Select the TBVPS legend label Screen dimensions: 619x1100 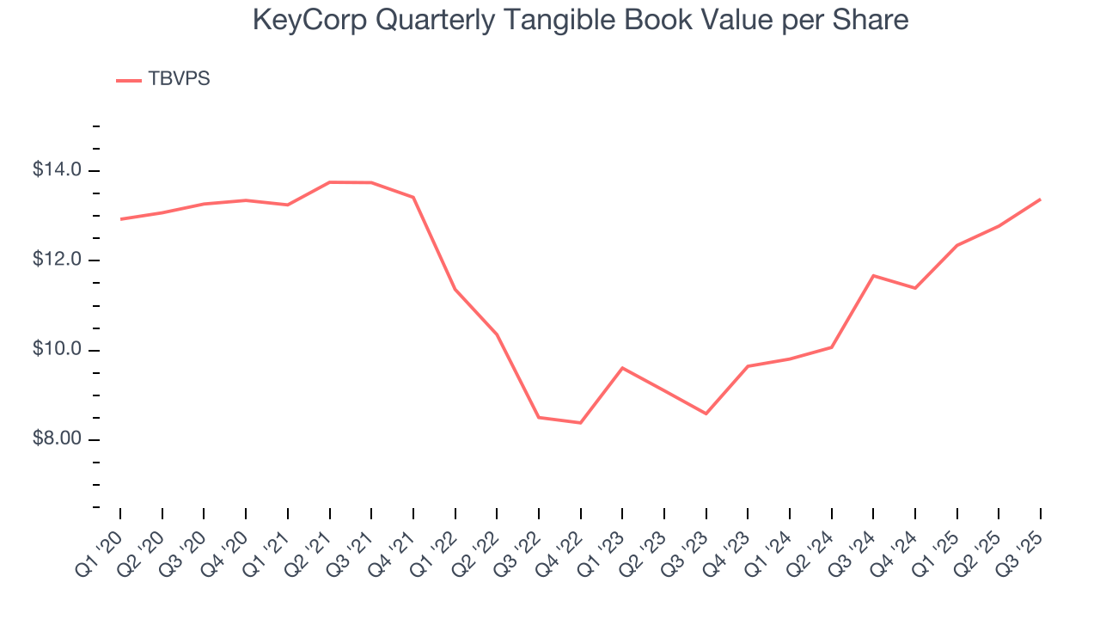(179, 79)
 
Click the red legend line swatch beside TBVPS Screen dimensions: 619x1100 (129, 80)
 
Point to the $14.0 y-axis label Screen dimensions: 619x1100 (58, 170)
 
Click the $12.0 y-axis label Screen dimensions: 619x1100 (58, 260)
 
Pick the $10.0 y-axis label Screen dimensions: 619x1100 (58, 350)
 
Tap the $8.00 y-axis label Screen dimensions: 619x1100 (58, 440)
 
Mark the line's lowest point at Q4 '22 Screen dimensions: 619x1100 (581, 423)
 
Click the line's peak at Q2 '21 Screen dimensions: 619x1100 (329, 182)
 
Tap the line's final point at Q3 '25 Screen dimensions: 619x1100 (1041, 199)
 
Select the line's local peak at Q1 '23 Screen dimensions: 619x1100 (622, 368)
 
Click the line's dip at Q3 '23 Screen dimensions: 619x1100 (706, 414)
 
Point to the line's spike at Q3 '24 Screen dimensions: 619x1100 (873, 275)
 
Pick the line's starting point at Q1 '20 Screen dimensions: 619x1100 (120, 219)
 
